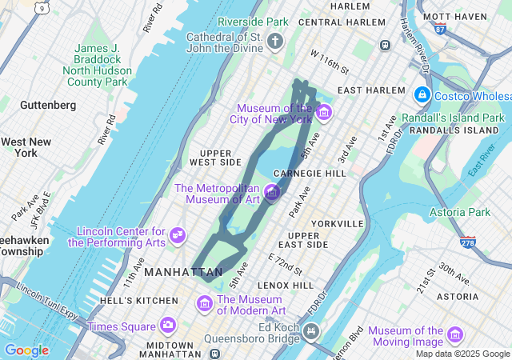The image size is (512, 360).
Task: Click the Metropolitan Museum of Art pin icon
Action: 272,193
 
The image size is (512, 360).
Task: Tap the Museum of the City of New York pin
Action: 323,113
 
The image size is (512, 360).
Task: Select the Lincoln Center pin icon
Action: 178,236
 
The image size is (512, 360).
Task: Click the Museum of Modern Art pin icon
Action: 204,304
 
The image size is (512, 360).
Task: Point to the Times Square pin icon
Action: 167,326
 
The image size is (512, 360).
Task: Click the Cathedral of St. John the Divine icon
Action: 276,41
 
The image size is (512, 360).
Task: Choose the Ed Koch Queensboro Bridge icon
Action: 310,330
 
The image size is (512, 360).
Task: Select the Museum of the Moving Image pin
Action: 455,335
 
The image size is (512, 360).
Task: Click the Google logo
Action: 26,350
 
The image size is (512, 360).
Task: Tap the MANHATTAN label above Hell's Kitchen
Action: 183,273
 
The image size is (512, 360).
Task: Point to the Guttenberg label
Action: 48,105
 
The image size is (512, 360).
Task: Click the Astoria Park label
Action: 459,212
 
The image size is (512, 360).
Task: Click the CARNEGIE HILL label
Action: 309,173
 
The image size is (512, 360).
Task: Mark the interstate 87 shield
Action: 440,29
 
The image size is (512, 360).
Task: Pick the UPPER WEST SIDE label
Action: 215,157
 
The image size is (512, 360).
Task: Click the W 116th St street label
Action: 330,61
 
